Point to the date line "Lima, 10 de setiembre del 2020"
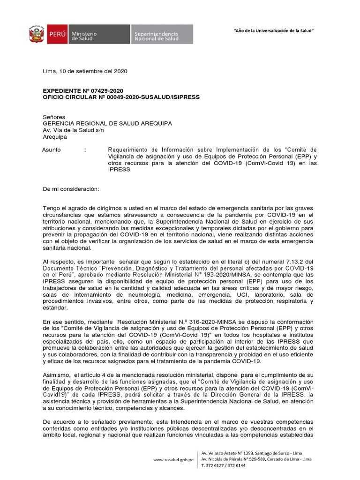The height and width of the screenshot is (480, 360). [x=85, y=71]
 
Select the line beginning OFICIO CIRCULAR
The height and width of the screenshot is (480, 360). [x=121, y=97]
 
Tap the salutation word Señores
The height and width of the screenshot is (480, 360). [x=54, y=117]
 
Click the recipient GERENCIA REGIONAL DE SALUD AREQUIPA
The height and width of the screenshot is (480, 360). [x=107, y=123]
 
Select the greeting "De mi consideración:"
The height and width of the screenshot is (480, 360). [x=71, y=188]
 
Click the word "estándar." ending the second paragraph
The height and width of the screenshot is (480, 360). [x=55, y=308]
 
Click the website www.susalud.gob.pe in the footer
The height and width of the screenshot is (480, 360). [x=173, y=460]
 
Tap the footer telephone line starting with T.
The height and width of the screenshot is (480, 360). [x=224, y=465]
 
